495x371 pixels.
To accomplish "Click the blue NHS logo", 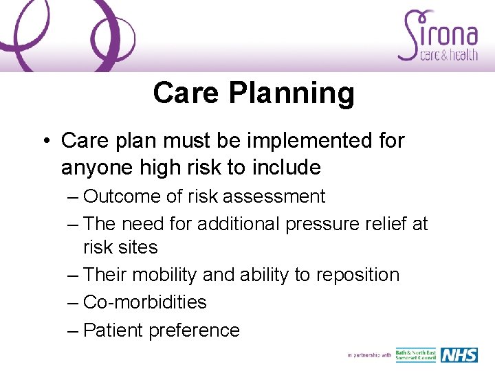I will (x=459, y=355).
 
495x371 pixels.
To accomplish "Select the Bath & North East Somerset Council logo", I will (x=415, y=355).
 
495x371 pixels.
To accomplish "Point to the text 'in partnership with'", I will (x=369, y=355).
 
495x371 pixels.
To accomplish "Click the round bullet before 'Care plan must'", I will (x=45, y=141).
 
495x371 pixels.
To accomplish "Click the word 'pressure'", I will (x=322, y=224).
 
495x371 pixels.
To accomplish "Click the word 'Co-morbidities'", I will (x=145, y=302).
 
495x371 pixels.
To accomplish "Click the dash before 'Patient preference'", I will (x=74, y=330).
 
